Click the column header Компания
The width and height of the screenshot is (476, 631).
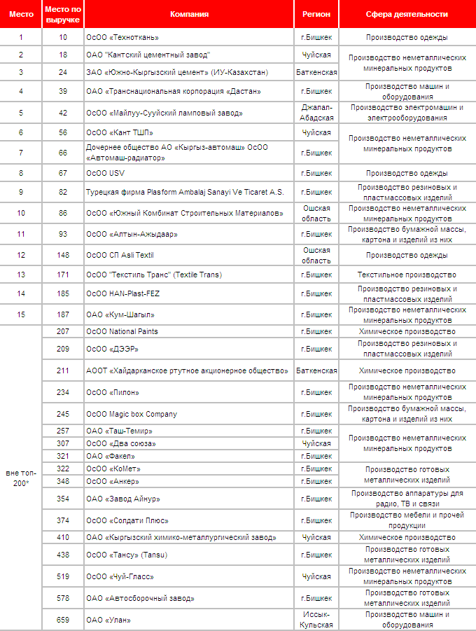(x=189, y=14)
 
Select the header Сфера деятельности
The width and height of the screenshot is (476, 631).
(x=407, y=14)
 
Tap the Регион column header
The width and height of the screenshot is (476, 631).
(x=316, y=14)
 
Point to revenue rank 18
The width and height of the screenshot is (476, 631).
(x=63, y=55)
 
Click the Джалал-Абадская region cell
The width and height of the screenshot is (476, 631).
(x=316, y=113)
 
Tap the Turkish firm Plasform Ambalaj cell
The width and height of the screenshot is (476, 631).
(x=185, y=192)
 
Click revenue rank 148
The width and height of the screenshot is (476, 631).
(x=63, y=254)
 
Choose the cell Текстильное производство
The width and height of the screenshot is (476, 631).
(x=407, y=275)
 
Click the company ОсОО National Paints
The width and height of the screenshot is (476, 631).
(x=122, y=331)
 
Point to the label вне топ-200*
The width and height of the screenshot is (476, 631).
(x=21, y=478)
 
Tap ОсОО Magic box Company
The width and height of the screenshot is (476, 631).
(x=132, y=414)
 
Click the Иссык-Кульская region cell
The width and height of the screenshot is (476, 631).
(x=316, y=619)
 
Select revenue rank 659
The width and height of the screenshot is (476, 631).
(x=63, y=620)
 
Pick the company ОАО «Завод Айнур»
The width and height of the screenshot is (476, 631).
(x=123, y=499)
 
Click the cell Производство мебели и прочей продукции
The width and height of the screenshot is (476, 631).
(x=407, y=520)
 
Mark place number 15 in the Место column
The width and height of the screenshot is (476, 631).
(x=21, y=314)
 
